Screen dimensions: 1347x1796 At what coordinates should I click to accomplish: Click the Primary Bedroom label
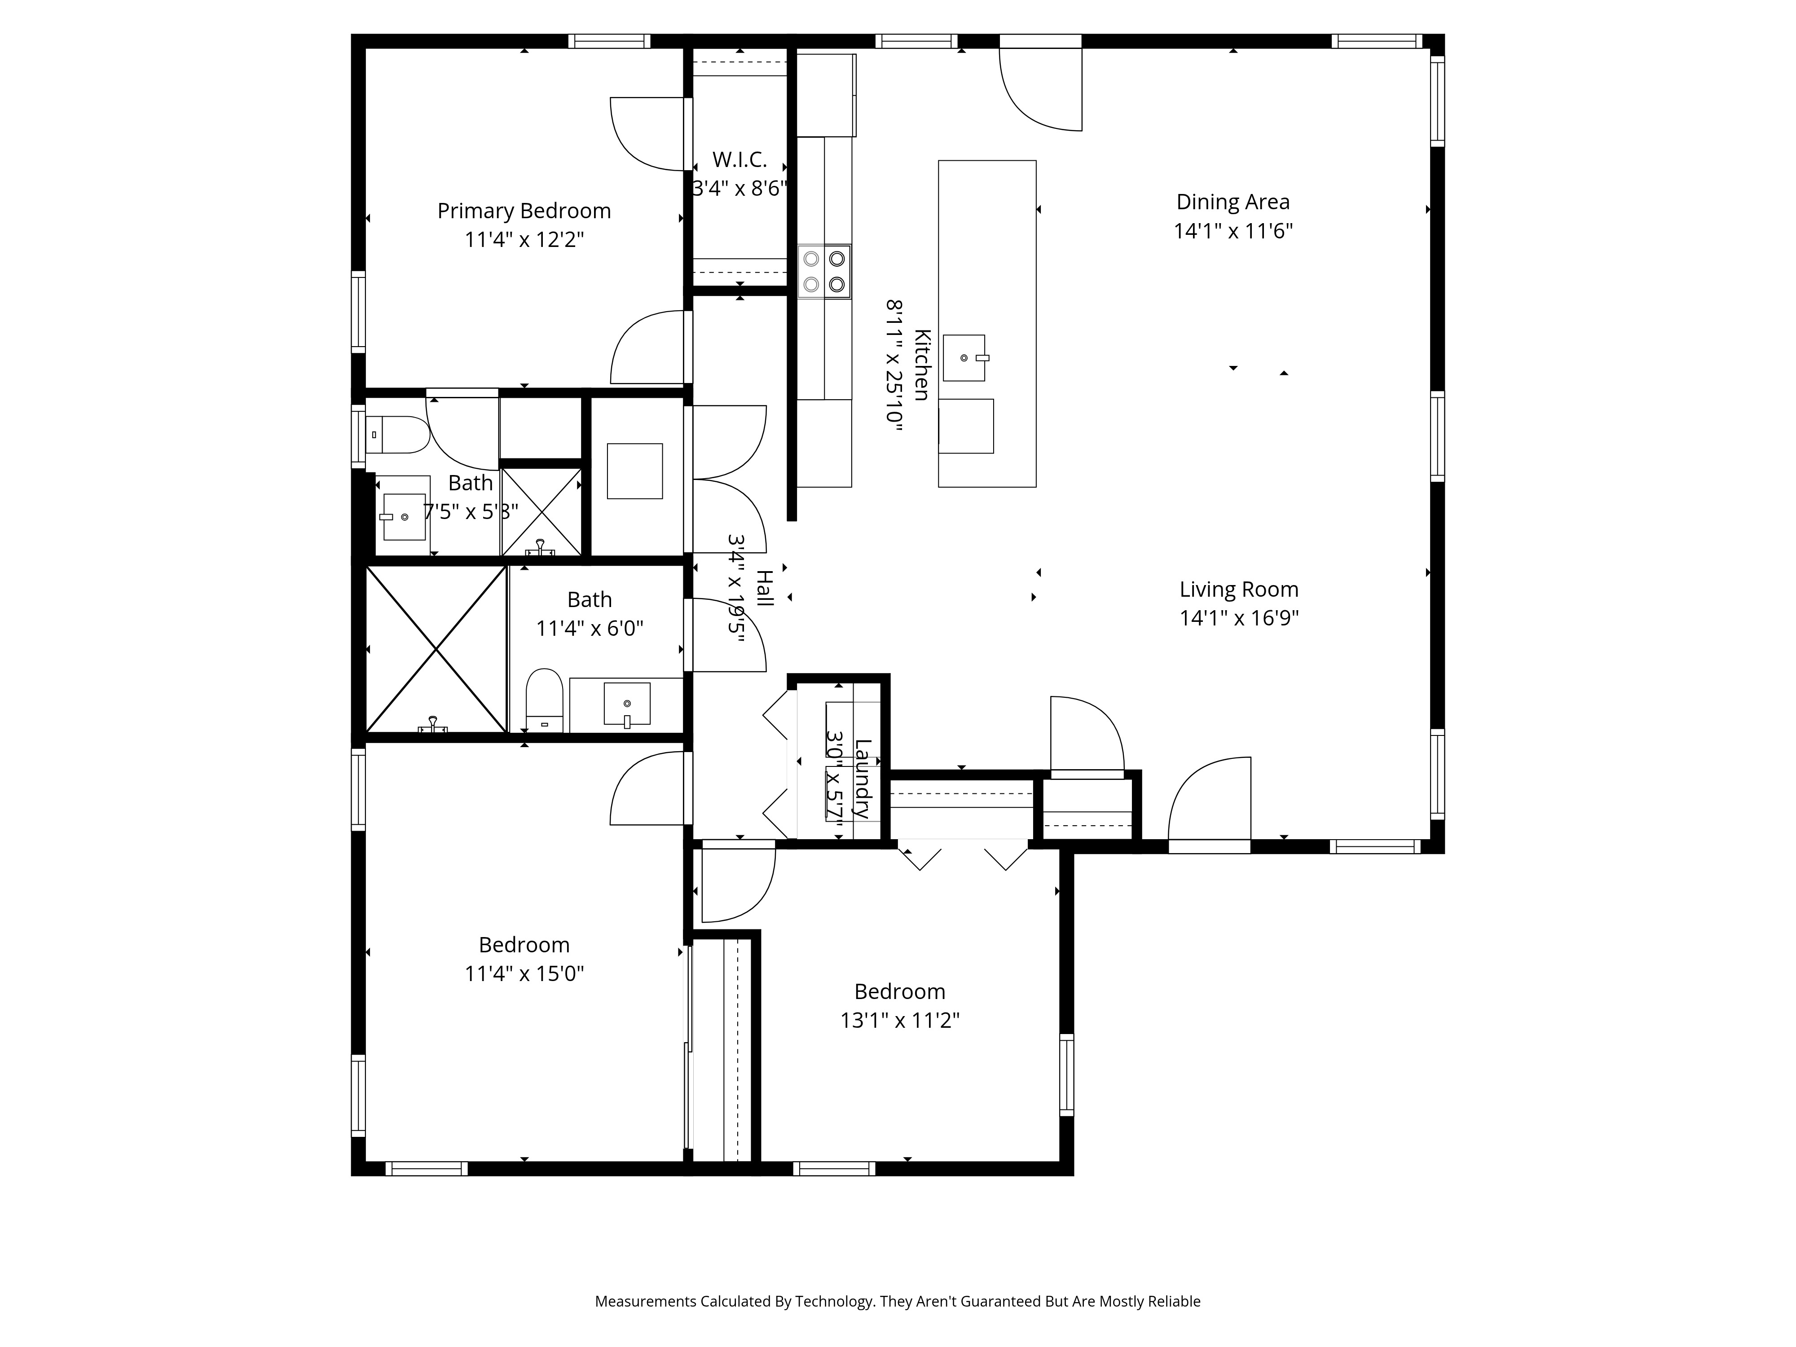click(x=524, y=211)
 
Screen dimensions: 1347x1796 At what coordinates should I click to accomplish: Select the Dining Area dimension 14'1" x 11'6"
click(x=1233, y=231)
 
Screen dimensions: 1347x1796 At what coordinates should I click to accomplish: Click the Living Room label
click(x=1238, y=590)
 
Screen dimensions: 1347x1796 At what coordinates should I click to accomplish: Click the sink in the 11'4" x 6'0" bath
click(x=627, y=703)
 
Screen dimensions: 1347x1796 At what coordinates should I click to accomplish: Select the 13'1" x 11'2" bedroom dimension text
click(x=900, y=1021)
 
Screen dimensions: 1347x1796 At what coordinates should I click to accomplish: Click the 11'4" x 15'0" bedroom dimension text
click(x=524, y=973)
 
